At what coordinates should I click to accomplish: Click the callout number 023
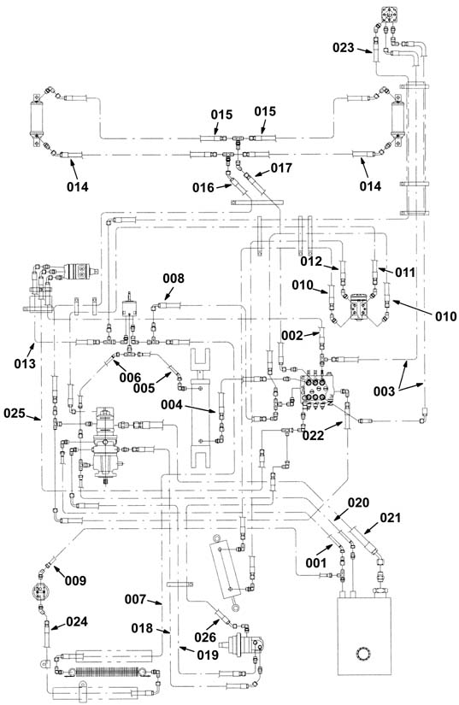pyautogui.click(x=344, y=48)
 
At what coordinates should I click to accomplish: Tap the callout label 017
pyautogui.click(x=281, y=167)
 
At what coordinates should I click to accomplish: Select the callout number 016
pyautogui.click(x=203, y=187)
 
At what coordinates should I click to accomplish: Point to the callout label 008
pyautogui.click(x=174, y=279)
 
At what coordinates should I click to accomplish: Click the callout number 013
pyautogui.click(x=25, y=363)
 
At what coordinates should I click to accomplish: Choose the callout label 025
pyautogui.click(x=15, y=413)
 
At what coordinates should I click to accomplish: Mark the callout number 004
pyautogui.click(x=172, y=405)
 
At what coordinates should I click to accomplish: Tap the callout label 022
pyautogui.click(x=314, y=435)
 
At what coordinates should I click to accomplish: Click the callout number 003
pyautogui.click(x=385, y=391)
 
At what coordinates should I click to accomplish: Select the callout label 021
pyautogui.click(x=391, y=518)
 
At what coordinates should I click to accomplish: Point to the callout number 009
pyautogui.click(x=75, y=581)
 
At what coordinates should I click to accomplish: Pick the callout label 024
pyautogui.click(x=77, y=622)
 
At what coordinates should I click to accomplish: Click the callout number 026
pyautogui.click(x=205, y=637)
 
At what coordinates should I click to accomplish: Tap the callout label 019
pyautogui.click(x=208, y=655)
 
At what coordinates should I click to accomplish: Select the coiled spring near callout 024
pyautogui.click(x=105, y=673)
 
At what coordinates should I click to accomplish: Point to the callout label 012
pyautogui.click(x=311, y=261)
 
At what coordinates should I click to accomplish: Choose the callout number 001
pyautogui.click(x=316, y=562)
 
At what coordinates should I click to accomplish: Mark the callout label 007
pyautogui.click(x=136, y=599)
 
